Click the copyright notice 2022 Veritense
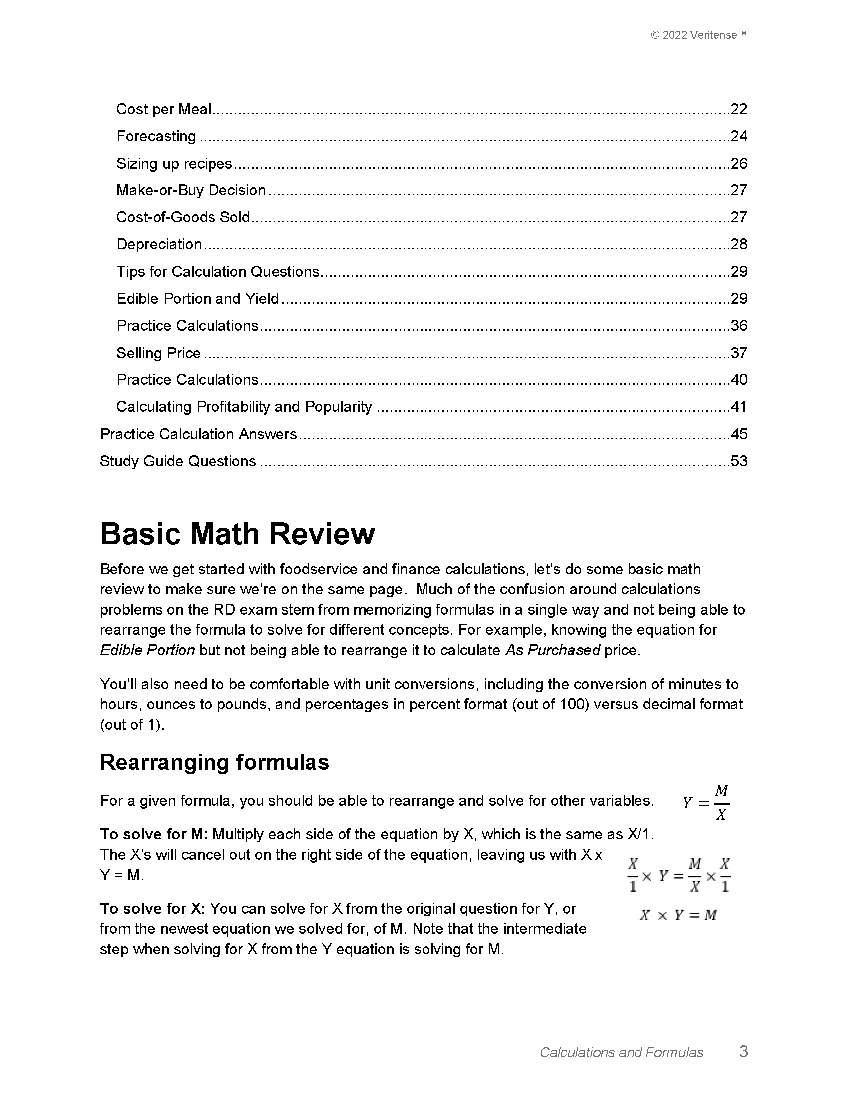(698, 35)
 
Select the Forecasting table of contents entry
(156, 136)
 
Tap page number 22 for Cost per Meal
(738, 109)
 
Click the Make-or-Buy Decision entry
(191, 190)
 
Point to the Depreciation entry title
(159, 244)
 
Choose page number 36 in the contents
(738, 326)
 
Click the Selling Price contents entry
(158, 353)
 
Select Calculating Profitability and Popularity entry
(244, 407)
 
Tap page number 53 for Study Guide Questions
(738, 461)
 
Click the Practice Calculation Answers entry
(199, 434)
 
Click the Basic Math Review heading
(237, 534)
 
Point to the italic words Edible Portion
(147, 650)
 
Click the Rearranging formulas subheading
(214, 762)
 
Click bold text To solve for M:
(153, 834)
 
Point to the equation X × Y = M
(678, 915)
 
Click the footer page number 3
(744, 1051)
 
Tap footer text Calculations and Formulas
(622, 1052)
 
